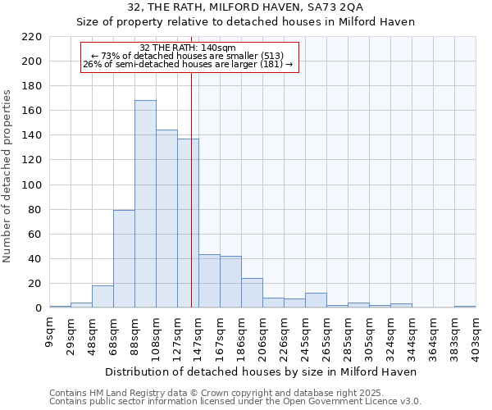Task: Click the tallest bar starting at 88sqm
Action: pyautogui.click(x=145, y=204)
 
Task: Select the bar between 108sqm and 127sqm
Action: pyautogui.click(x=166, y=219)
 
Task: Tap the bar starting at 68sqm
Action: pyautogui.click(x=124, y=259)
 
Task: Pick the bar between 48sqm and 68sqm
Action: pyautogui.click(x=102, y=297)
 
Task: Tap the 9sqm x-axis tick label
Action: pyautogui.click(x=50, y=330)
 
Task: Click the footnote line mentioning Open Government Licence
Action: pyautogui.click(x=235, y=401)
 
